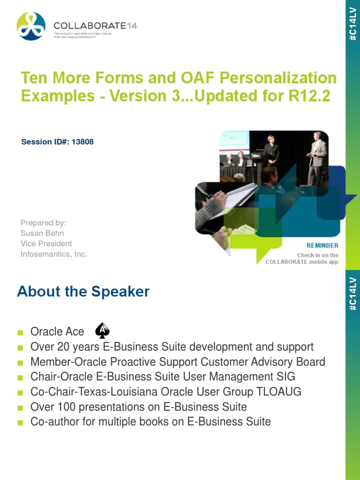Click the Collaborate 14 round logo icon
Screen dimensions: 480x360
31,26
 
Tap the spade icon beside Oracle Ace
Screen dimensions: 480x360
102,331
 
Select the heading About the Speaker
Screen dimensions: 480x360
83,292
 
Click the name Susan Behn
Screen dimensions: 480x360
42,233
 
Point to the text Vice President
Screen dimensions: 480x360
46,244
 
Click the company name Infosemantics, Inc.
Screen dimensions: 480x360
54,254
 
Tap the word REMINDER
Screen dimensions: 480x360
322,246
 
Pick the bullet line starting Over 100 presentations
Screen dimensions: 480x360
138,406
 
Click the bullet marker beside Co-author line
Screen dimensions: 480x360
20,422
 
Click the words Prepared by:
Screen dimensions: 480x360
44,222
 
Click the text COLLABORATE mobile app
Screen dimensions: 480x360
302,262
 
